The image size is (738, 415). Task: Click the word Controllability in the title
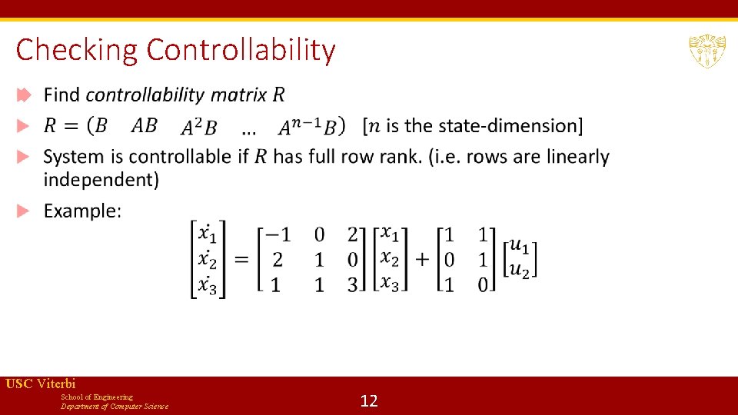coord(241,50)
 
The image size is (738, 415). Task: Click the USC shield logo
coord(706,51)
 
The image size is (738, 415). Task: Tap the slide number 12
coord(369,400)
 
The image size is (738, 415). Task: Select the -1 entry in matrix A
coord(277,234)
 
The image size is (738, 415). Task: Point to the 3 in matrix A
coord(353,284)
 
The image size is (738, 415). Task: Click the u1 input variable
coord(520,246)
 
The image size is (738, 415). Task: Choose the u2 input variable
coord(520,270)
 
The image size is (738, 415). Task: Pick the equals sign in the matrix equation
coord(242,259)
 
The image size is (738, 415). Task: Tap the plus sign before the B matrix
coord(421,259)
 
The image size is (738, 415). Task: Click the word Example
coord(82,211)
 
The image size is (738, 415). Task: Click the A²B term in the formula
coord(198,127)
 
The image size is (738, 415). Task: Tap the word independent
coord(101,180)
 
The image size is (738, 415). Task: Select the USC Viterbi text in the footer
coord(41,383)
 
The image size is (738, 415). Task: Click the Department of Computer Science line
coord(115,406)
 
